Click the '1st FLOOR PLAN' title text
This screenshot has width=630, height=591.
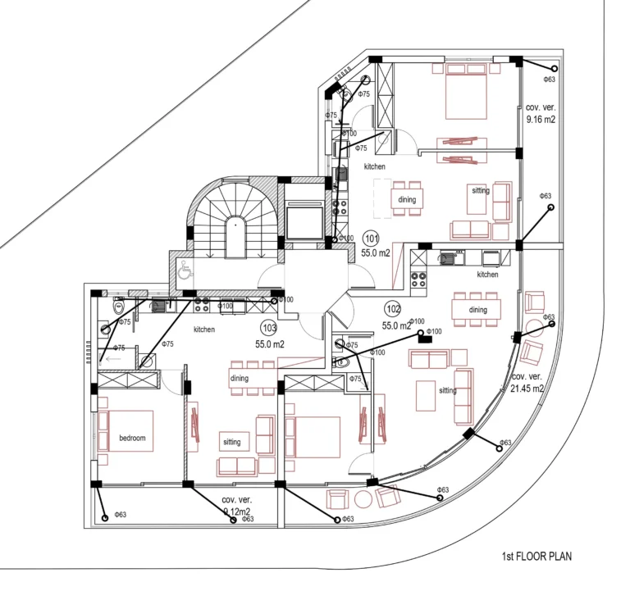tap(536, 557)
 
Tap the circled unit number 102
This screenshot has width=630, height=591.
tap(392, 309)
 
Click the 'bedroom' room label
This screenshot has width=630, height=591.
tap(131, 439)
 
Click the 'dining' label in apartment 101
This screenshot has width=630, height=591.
tap(407, 199)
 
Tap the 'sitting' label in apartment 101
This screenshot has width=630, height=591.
tap(481, 191)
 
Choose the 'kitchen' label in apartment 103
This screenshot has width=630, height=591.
tap(204, 330)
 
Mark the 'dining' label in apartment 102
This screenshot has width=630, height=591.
tap(477, 310)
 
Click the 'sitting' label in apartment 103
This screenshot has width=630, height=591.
tap(232, 442)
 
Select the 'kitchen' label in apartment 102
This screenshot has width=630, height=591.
tap(487, 275)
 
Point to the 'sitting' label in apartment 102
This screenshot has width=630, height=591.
tap(448, 391)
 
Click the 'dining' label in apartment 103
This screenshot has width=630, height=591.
tap(239, 378)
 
